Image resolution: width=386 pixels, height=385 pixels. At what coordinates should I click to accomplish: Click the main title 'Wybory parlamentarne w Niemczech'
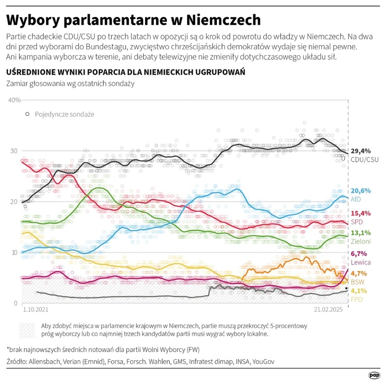133,20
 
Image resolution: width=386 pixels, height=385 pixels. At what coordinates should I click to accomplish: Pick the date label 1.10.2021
34,309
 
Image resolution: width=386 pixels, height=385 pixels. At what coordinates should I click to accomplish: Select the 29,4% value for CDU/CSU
361,151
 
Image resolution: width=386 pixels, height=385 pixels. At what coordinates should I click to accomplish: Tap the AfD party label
356,199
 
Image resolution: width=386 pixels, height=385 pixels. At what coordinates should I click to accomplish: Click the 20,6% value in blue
361,191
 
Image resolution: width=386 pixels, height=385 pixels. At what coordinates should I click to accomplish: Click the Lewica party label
361,262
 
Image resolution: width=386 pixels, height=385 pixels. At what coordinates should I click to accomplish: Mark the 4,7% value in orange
359,274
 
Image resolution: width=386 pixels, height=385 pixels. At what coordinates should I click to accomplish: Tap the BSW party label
358,282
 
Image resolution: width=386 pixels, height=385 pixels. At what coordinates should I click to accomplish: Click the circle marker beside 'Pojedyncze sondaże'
27,114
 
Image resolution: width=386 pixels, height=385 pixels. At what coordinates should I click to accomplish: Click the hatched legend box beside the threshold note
27,330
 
